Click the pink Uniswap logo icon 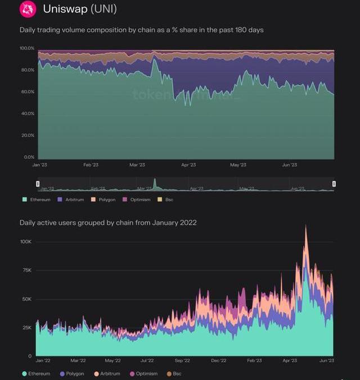coord(28,9)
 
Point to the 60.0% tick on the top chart coord(28,92)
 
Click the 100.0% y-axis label coord(27,48)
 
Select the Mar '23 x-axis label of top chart coord(137,165)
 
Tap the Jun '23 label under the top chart coord(290,165)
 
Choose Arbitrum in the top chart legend coord(71,200)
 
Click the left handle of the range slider coord(38,184)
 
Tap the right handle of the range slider coord(334,184)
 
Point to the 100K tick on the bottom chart coord(26,242)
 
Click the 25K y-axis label coord(28,328)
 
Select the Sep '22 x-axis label coord(182,360)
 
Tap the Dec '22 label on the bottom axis coord(219,360)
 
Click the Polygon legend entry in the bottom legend coord(72,374)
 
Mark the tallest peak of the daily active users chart coord(306,227)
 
